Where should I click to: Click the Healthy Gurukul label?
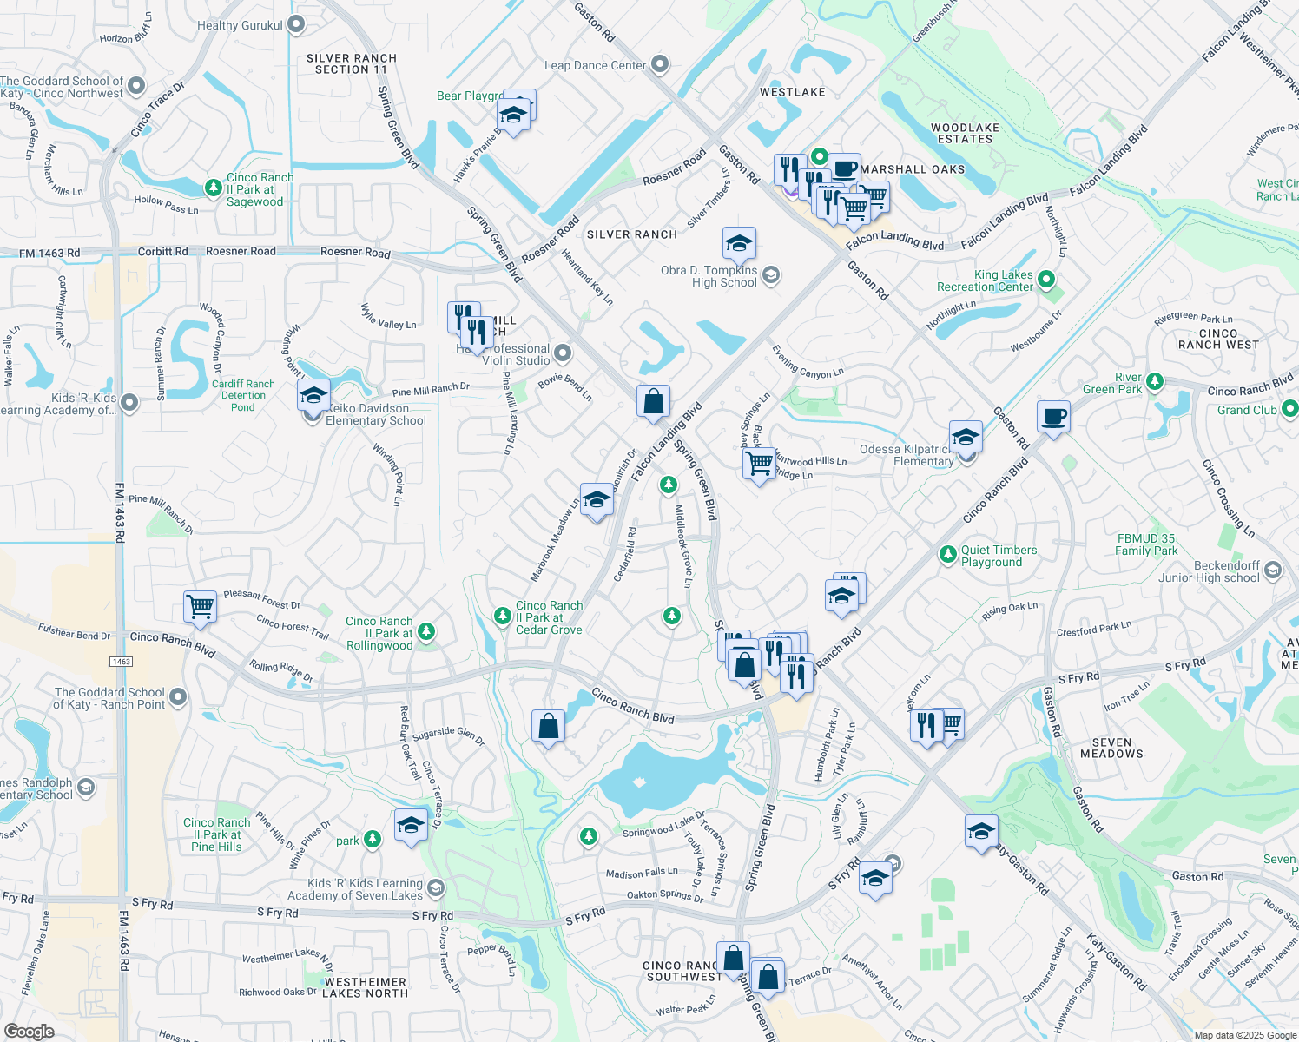pyautogui.click(x=240, y=25)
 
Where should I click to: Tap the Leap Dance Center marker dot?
pyautogui.click(x=660, y=64)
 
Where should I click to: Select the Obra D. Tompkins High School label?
pyautogui.click(x=709, y=277)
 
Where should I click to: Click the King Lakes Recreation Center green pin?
pyautogui.click(x=1046, y=280)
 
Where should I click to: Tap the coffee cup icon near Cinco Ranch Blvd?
pyautogui.click(x=1053, y=417)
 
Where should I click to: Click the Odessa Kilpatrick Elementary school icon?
pyautogui.click(x=966, y=437)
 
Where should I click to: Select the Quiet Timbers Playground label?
pyautogui.click(x=999, y=556)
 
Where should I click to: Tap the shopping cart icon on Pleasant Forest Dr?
pyautogui.click(x=200, y=606)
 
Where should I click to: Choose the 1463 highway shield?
pyautogui.click(x=121, y=662)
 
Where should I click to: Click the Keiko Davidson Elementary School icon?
pyautogui.click(x=313, y=396)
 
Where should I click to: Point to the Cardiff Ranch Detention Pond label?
pyautogui.click(x=243, y=395)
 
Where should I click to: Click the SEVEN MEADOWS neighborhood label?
pyautogui.click(x=1111, y=749)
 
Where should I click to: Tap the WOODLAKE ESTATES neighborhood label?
pyautogui.click(x=965, y=133)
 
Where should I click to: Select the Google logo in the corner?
pyautogui.click(x=29, y=1031)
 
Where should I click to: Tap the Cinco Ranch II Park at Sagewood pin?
pyautogui.click(x=214, y=188)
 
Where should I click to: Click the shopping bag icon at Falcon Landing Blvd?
pyautogui.click(x=653, y=402)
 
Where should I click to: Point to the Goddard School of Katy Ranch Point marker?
pyautogui.click(x=178, y=696)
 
